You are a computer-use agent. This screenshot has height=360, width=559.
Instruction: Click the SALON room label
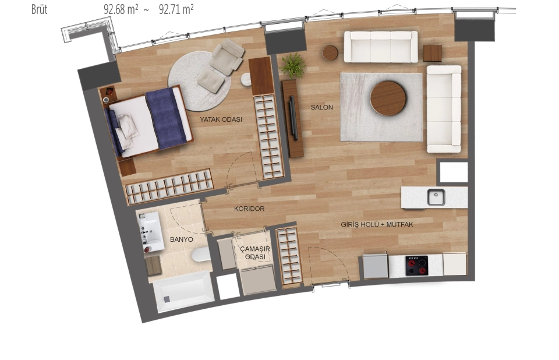[x=321, y=107]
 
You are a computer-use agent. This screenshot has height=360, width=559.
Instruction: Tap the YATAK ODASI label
[x=221, y=119]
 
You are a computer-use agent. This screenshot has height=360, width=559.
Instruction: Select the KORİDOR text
[x=249, y=209]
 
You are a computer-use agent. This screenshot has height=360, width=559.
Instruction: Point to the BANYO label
[x=182, y=239]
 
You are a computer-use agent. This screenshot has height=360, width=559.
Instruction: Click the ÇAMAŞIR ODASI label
[x=255, y=252]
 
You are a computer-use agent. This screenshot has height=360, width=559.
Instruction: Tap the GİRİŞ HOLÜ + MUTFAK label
[x=377, y=224]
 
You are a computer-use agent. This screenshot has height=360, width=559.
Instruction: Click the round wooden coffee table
[x=388, y=98]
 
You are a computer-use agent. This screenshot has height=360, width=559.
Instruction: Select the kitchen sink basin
[x=436, y=197]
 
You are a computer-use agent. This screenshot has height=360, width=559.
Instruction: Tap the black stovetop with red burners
[x=417, y=266]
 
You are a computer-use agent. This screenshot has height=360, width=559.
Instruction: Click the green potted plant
[x=293, y=65]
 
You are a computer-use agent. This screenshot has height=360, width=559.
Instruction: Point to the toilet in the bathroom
[x=201, y=255]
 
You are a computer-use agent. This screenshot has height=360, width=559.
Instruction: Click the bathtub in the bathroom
[x=183, y=291]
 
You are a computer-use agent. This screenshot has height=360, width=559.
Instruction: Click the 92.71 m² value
[x=176, y=9]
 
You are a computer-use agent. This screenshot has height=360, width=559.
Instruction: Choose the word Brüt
[x=39, y=9]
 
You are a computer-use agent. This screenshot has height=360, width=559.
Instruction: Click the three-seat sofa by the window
[x=381, y=47]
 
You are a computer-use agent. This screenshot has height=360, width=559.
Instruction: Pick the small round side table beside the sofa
[x=330, y=53]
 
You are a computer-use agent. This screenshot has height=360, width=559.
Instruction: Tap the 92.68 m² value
[x=121, y=9]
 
